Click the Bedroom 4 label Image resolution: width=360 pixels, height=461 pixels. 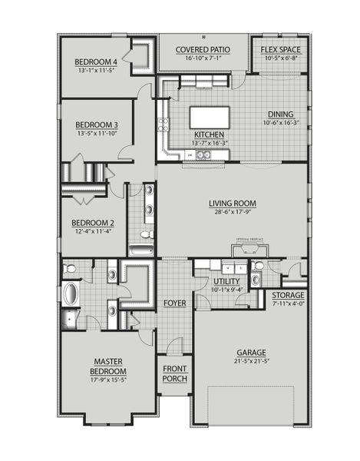click(x=95, y=61)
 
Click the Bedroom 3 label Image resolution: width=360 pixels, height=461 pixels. click(x=96, y=124)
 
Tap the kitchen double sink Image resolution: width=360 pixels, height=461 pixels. click(x=203, y=154)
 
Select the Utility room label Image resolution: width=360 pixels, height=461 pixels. click(x=226, y=282)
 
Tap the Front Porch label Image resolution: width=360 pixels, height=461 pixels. click(x=175, y=373)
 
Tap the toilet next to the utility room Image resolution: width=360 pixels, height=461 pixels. click(x=259, y=267)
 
